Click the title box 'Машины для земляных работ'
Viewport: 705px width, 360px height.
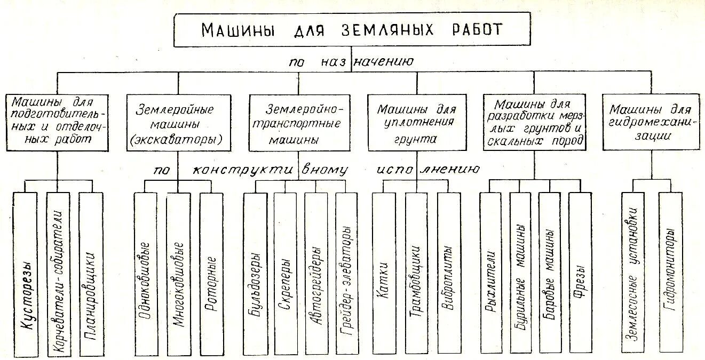pyautogui.click(x=352, y=30)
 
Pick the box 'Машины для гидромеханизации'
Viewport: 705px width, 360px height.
pyautogui.click(x=651, y=123)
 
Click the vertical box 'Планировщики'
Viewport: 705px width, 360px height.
pyautogui.click(x=90, y=274)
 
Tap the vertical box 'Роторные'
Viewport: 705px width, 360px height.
pyautogui.click(x=211, y=274)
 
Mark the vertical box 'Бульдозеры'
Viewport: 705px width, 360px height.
pyautogui.click(x=255, y=274)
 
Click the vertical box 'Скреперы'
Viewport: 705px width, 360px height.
pyautogui.click(x=285, y=274)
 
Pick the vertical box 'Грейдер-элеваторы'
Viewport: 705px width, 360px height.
pyautogui.click(x=346, y=274)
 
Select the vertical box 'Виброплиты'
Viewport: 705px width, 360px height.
pyautogui.click(x=448, y=274)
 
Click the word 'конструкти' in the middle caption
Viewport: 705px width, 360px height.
pyautogui.click(x=242, y=170)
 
